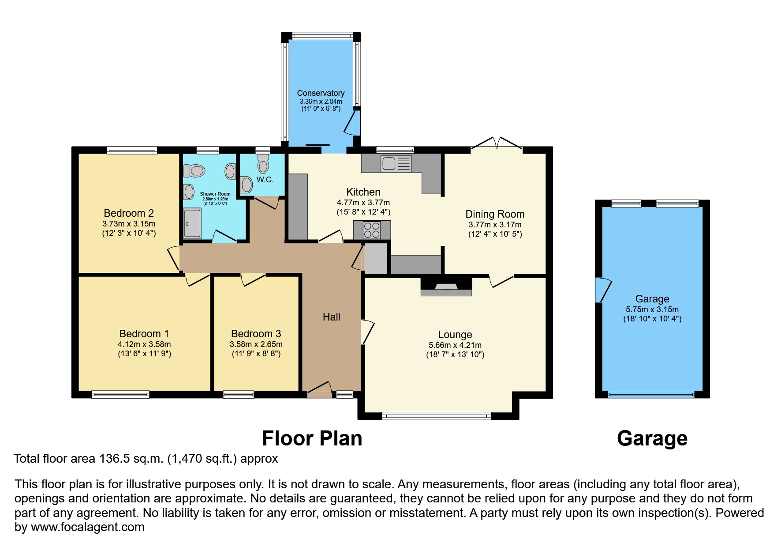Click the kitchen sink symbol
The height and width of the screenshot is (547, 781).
tap(396, 164)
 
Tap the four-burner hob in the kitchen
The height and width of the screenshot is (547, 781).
tap(372, 230)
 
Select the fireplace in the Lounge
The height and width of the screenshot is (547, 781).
tap(446, 287)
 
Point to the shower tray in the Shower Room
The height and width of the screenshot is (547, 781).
tap(192, 223)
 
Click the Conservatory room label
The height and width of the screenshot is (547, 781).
tap(321, 93)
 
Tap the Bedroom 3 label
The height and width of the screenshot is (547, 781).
tap(256, 334)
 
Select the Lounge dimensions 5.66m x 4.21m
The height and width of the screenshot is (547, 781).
tap(455, 345)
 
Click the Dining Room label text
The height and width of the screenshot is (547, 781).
tap(495, 214)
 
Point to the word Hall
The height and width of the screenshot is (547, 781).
tap(331, 317)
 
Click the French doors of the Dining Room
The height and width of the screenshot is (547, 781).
tap(497, 144)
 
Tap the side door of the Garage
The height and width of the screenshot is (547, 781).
tap(602, 290)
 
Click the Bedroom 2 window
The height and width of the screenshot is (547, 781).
tap(132, 151)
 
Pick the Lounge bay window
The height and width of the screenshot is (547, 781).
tap(436, 415)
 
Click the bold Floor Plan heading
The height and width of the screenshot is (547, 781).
tap(312, 438)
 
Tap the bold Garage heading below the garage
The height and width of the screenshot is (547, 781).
tap(652, 438)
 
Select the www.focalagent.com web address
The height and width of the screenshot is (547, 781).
tap(87, 527)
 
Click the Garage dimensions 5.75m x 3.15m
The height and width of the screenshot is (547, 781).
tap(652, 309)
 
